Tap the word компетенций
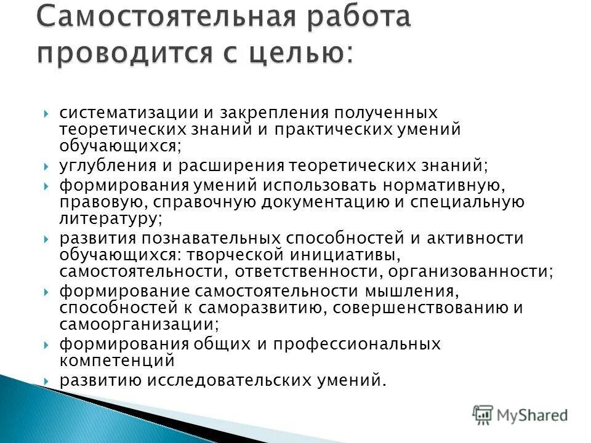coord(117,360)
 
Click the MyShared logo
coord(520,415)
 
